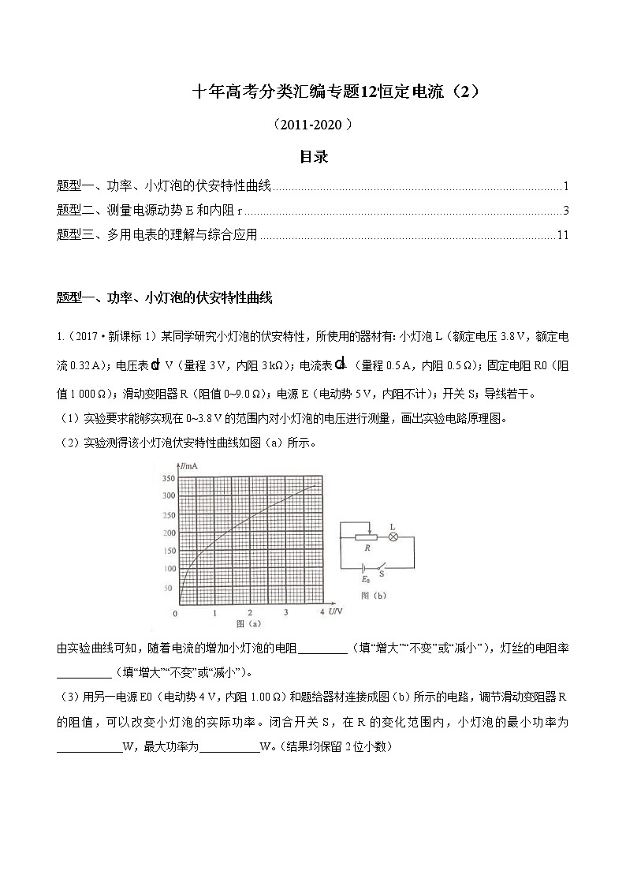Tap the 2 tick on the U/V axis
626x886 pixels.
tap(250, 612)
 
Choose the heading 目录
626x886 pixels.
tap(313, 157)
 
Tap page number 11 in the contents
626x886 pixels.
tap(562, 235)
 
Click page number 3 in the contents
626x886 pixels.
tap(566, 211)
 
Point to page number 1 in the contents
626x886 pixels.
tap(566, 186)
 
